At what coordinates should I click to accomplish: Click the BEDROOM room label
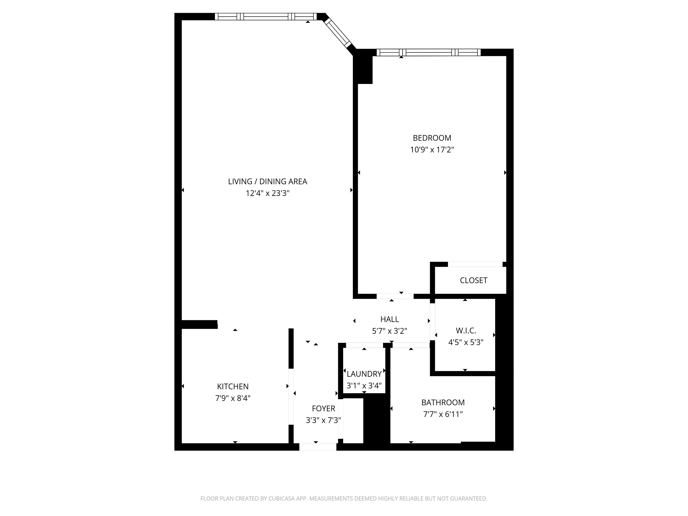point(432,138)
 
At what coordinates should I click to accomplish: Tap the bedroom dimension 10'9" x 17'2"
point(432,150)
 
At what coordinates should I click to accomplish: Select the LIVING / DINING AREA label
point(267,182)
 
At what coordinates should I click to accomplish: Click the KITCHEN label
point(233,387)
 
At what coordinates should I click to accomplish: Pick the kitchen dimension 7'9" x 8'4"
point(233,398)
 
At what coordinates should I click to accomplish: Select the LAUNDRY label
point(364,374)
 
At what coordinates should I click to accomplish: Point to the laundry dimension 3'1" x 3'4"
point(364,386)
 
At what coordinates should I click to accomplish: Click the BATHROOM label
point(443,402)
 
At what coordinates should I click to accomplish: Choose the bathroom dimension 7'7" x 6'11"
point(443,414)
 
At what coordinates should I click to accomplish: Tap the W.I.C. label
point(466,331)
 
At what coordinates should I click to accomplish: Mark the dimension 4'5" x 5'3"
point(466,342)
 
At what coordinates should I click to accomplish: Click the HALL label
point(389,319)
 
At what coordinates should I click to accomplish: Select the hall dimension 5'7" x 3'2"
point(389,331)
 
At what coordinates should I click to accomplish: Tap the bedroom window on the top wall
point(429,53)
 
